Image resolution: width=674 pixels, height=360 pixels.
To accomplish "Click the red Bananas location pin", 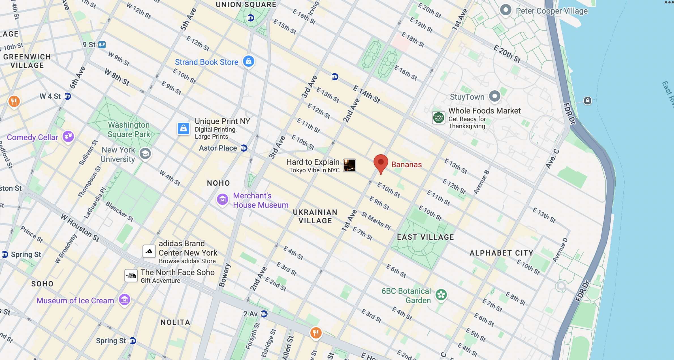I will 381,163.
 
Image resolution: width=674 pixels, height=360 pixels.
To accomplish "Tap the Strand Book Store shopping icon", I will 249,61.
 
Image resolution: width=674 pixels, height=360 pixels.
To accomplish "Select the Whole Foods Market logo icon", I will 438,117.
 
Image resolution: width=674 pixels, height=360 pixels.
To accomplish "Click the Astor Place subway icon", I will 244,148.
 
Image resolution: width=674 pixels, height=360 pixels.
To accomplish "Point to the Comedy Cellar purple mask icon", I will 68,136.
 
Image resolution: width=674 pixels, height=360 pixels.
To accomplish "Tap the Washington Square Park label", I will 129,129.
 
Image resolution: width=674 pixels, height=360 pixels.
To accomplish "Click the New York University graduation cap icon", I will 145,154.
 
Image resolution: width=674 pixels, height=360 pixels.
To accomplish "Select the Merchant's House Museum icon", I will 223,199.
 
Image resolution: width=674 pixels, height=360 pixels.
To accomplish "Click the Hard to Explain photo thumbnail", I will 349,165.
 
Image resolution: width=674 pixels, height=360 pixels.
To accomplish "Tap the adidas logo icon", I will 149,251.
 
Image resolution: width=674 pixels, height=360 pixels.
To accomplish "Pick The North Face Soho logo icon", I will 131,275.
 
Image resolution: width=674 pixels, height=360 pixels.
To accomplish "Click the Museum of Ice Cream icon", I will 125,299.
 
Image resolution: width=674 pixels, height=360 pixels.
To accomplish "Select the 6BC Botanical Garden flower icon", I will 441,295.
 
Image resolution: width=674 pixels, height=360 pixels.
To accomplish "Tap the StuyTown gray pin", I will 494,96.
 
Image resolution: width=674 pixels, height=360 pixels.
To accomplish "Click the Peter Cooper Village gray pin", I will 505,10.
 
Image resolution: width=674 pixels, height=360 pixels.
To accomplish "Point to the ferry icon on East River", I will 587,101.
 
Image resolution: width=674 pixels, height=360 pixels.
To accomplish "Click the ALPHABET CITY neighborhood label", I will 501,253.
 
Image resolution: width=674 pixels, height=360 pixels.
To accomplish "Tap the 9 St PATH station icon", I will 102,44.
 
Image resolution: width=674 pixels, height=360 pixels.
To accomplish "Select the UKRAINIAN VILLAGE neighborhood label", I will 315,217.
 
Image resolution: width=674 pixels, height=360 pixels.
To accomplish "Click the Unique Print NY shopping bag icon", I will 184,128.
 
